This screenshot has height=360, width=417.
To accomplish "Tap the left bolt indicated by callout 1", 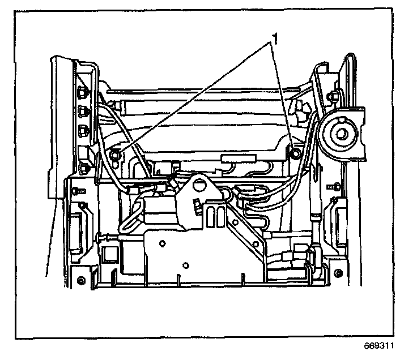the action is (116, 155).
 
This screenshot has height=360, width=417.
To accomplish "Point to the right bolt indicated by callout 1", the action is (294, 151).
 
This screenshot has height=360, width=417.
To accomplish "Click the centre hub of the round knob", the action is (342, 134).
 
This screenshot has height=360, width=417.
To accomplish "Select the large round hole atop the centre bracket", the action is (199, 185).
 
